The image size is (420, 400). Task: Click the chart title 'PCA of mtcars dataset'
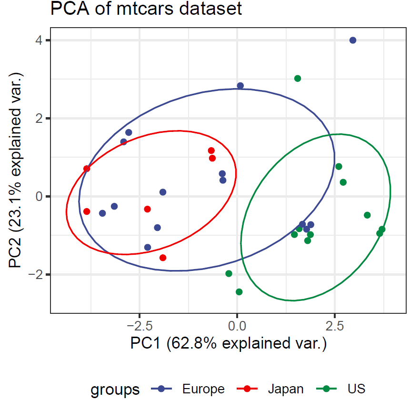point(146,9)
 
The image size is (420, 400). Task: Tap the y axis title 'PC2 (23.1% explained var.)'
point(16,170)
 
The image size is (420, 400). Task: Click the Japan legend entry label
point(286,389)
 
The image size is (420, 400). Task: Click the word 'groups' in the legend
point(115,390)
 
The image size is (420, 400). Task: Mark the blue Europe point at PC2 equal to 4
point(353,40)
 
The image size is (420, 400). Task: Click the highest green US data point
point(298,79)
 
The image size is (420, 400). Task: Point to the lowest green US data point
point(239,292)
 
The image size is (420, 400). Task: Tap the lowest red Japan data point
point(163,258)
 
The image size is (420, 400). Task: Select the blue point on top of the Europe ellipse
point(240,86)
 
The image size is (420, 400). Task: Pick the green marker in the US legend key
point(327,389)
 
